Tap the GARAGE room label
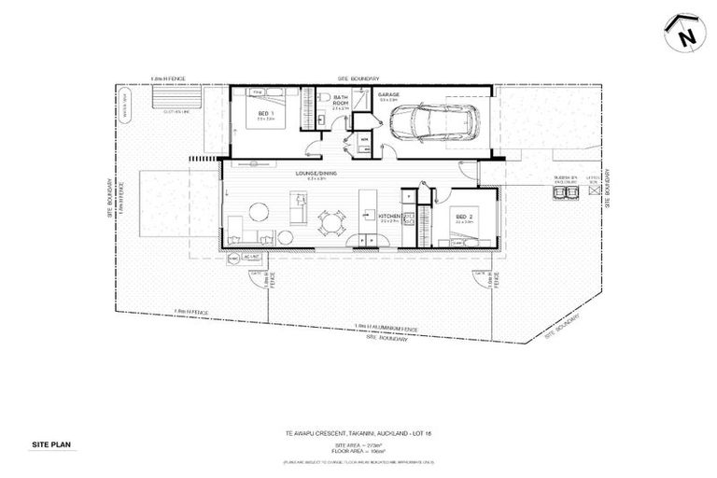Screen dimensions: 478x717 point(389,95)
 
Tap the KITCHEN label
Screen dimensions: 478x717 point(391,217)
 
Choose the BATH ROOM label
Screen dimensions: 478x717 point(341,100)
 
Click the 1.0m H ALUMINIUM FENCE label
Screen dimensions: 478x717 point(386,327)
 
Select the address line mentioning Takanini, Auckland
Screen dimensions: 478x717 point(358,432)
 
